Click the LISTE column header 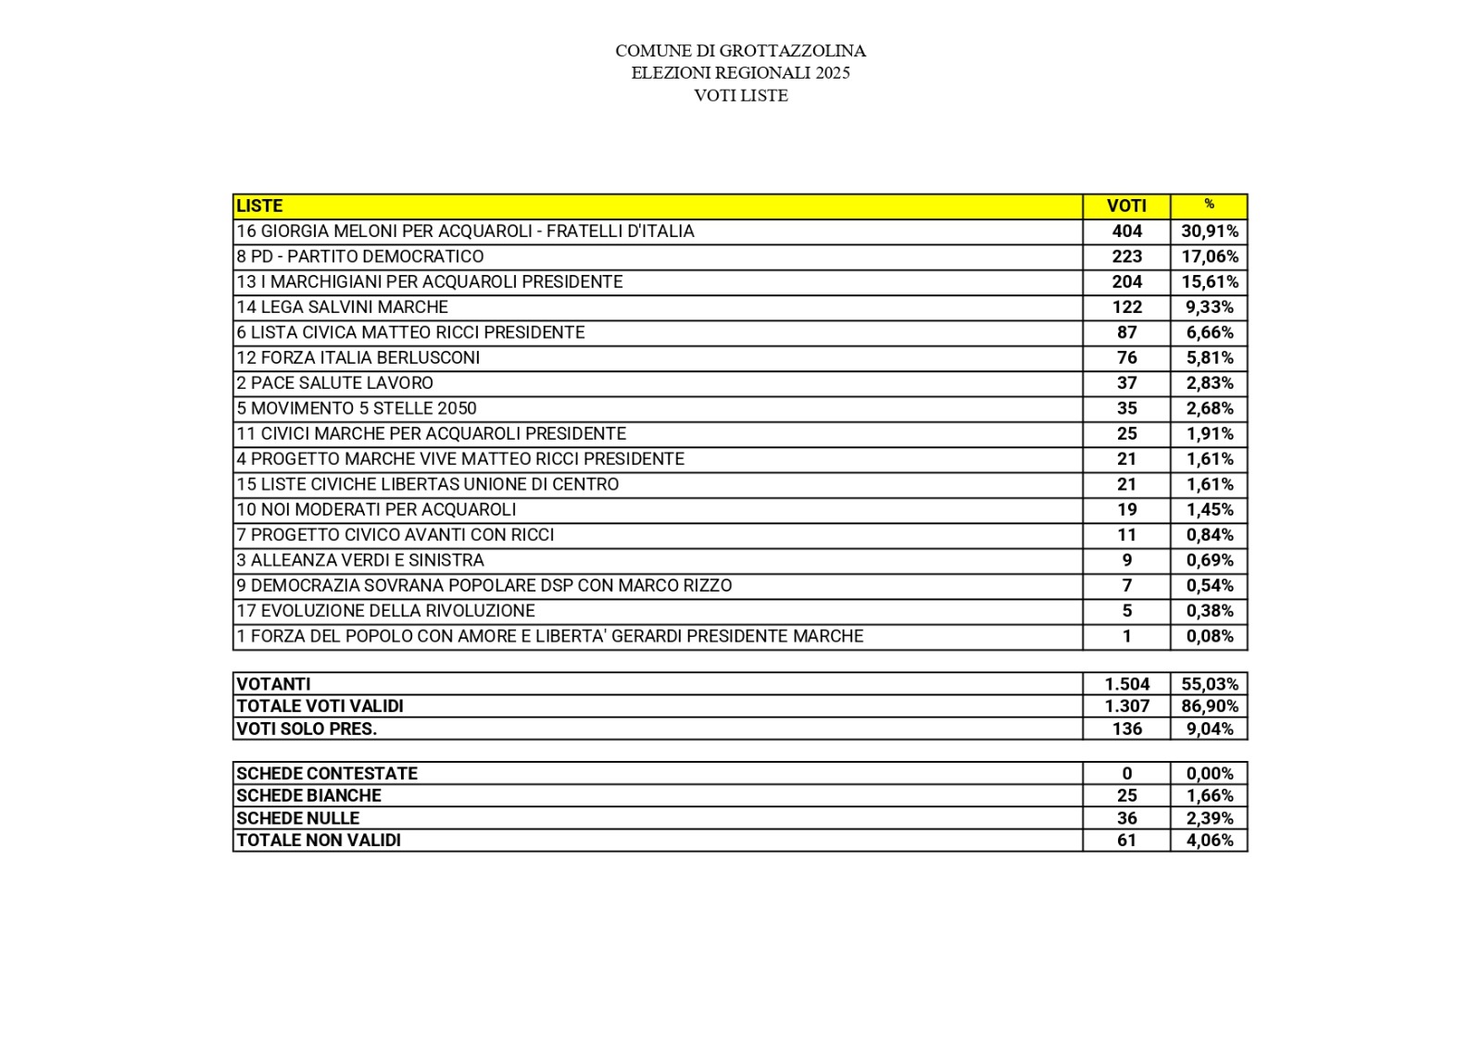(259, 206)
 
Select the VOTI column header (1126, 206)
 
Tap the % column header (1209, 205)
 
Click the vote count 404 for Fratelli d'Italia (1126, 231)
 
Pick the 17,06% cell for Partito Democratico (1209, 256)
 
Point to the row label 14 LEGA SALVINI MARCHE (342, 307)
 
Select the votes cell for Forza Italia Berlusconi (1126, 357)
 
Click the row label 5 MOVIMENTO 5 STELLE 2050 (357, 408)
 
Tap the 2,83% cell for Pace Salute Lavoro (1209, 383)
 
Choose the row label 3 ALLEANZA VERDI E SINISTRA (359, 560)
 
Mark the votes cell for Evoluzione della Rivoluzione (1126, 611)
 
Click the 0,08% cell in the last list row (1209, 636)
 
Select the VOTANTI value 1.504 (1126, 684)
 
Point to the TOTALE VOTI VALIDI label (320, 706)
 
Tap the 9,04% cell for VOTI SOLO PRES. (1209, 729)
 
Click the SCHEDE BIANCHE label (308, 795)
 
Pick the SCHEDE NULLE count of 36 (1126, 818)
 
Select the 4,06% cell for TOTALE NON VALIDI (1209, 841)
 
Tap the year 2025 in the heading (833, 73)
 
